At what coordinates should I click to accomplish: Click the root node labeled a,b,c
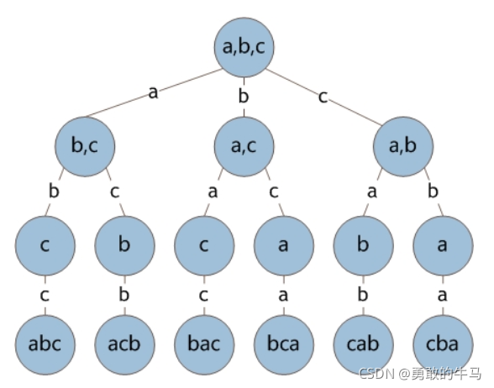click(244, 47)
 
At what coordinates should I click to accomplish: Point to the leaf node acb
click(124, 344)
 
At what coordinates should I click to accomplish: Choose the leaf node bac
click(204, 344)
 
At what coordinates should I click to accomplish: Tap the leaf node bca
click(283, 344)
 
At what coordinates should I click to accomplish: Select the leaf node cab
click(363, 344)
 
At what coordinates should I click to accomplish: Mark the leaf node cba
click(442, 344)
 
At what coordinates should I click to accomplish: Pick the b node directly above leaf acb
click(124, 246)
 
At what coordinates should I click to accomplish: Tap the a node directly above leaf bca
click(283, 246)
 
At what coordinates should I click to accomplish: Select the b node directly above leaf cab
click(363, 246)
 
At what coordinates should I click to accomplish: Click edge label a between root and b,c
click(153, 92)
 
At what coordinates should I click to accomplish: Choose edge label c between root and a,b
click(323, 96)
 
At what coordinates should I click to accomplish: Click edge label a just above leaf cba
click(442, 295)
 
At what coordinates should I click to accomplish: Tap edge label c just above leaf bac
click(204, 295)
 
